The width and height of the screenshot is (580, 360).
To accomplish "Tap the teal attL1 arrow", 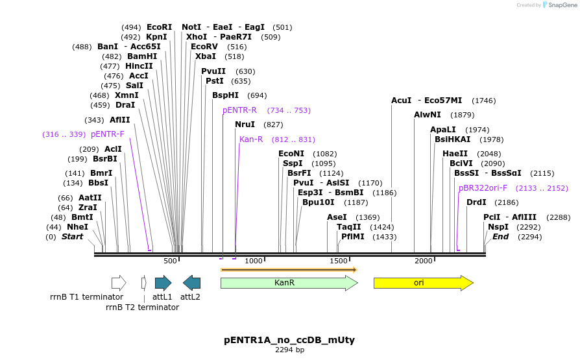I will tap(163, 283).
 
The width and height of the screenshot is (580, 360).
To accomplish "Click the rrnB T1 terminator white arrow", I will tap(119, 283).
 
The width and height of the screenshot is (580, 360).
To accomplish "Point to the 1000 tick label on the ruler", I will tap(254, 261).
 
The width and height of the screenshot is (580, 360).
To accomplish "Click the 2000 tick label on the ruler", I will tap(424, 261).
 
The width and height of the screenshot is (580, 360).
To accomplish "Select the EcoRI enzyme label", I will tap(160, 27).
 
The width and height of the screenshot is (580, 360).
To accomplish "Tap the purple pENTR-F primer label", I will tap(108, 134).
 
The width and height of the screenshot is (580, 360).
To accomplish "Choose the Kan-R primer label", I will tap(251, 139).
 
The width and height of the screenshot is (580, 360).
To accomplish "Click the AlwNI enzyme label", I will tap(427, 115).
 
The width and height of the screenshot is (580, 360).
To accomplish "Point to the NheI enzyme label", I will tap(77, 227).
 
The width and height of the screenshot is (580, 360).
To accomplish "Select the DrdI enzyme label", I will tap(476, 202).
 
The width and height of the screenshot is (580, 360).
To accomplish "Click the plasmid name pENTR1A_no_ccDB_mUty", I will tap(289, 340).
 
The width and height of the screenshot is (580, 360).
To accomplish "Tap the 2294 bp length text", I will tap(289, 350).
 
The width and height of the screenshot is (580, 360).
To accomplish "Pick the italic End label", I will tap(500, 237).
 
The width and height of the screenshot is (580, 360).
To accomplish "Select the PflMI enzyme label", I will tap(353, 237).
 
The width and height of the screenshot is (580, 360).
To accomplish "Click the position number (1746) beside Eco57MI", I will tap(484, 101).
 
